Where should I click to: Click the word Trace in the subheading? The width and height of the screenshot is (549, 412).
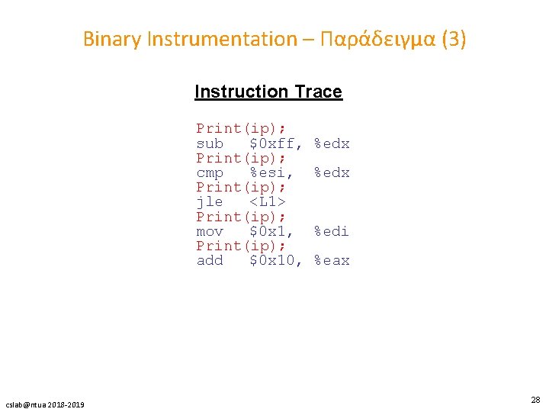coord(318,92)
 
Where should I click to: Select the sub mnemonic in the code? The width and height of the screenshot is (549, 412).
coord(210,143)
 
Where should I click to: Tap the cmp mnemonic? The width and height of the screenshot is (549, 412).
coord(210,172)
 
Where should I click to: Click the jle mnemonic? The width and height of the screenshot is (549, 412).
coord(210,202)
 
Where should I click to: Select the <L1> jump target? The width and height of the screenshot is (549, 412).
coord(267,202)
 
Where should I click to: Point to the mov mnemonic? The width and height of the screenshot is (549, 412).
coord(210,231)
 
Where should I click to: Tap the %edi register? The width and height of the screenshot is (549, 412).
coord(332,231)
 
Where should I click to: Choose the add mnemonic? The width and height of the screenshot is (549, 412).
coord(210,260)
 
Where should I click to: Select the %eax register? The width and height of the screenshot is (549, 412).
coord(332,260)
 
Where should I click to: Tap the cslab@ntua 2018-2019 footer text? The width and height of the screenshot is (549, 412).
coord(45,404)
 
